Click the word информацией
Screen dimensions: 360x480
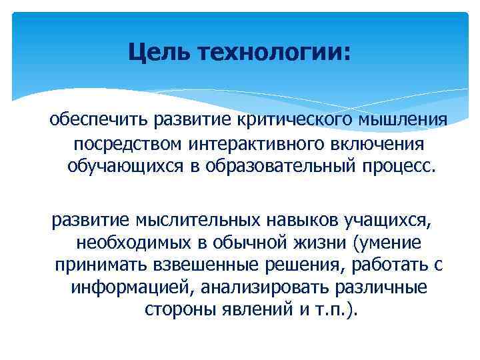pyautogui.click(x=123, y=287)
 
